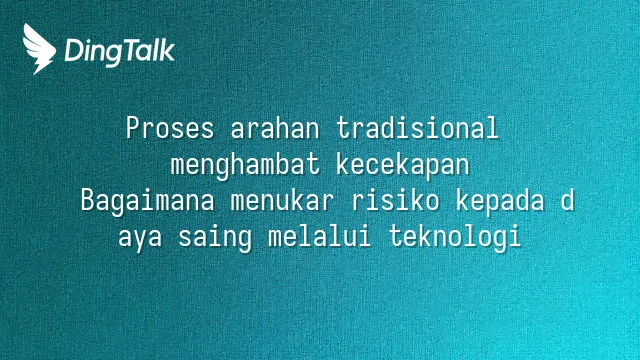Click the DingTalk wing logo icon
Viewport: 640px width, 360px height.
pos(39,49)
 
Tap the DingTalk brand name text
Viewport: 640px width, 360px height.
pos(120,52)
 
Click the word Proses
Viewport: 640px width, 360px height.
pos(170,128)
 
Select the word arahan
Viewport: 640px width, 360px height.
pos(275,128)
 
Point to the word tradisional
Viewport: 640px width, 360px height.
pos(417,128)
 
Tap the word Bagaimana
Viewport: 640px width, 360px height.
pos(147,202)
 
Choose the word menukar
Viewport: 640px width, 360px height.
pos(282,200)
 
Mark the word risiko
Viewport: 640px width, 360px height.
pos(396,200)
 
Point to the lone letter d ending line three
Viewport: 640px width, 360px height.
pos(567,200)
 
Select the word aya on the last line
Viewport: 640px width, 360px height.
pos(140,238)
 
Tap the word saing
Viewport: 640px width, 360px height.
pos(215,238)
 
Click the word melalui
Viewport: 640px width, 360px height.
pos(320,236)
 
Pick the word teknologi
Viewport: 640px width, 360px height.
pos(455,238)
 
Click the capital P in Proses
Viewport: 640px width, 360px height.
pos(133,128)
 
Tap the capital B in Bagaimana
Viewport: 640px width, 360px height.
pos(88,200)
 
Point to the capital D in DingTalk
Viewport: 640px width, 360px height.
pos(74,50)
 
